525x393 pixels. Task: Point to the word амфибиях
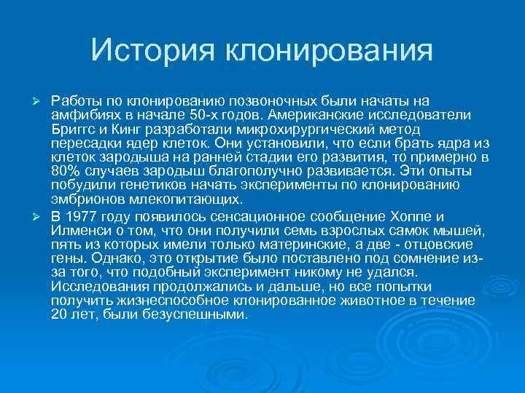[82, 115]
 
